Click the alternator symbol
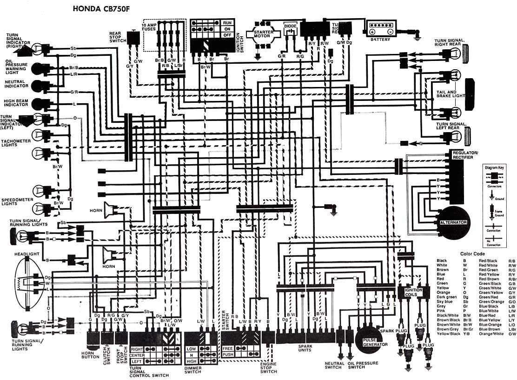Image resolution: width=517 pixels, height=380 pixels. (453, 223)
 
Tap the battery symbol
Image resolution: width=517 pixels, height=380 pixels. (381, 29)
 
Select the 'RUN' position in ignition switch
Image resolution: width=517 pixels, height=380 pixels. (227, 23)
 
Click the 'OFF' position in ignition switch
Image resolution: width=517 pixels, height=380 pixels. (227, 35)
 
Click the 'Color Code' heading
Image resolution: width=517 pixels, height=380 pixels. (472, 253)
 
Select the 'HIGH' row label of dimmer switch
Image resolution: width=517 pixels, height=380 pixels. (192, 361)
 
